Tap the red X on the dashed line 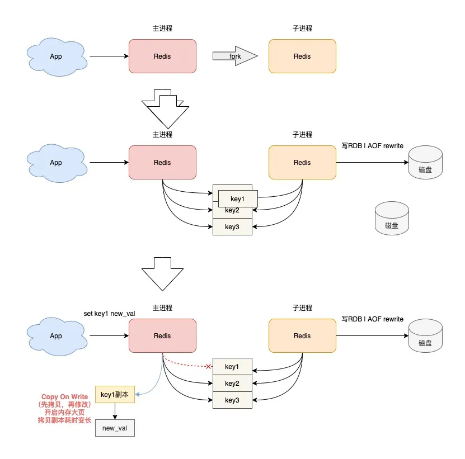coord(209,367)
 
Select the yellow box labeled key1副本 coord(115,394)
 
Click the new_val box coord(115,428)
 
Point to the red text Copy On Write coord(64,397)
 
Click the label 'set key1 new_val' coord(109,313)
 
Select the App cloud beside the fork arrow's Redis coord(56,56)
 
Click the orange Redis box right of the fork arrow coord(302,56)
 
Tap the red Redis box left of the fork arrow coord(162,56)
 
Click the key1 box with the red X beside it coord(232,366)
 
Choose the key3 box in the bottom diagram coord(232,400)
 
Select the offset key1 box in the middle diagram coord(237,198)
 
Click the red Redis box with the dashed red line coord(162,335)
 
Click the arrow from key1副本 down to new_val coord(115,411)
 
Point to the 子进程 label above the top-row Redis coord(302,29)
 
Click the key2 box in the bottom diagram coord(232,383)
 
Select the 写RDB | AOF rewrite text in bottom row coord(372,319)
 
